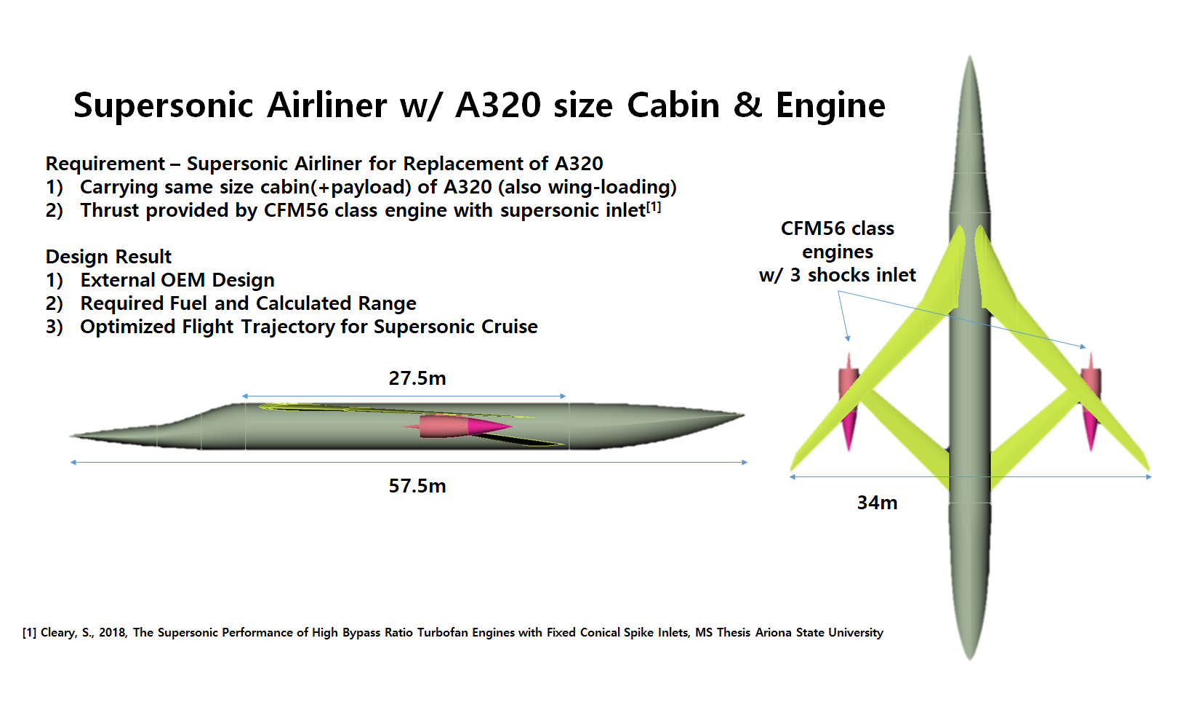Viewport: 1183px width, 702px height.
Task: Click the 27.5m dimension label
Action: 417,378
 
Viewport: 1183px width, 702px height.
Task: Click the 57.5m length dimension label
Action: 417,486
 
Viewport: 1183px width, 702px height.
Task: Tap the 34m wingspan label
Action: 877,503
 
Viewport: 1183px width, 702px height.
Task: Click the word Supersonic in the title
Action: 163,105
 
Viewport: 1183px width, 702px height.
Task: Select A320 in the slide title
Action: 498,105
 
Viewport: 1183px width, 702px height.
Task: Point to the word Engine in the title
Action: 830,105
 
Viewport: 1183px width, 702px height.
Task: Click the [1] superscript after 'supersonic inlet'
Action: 654,207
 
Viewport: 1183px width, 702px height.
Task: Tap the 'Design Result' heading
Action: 108,257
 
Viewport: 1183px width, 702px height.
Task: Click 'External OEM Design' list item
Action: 177,280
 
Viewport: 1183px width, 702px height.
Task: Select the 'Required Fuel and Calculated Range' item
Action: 248,303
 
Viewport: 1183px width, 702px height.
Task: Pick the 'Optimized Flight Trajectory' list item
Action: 308,327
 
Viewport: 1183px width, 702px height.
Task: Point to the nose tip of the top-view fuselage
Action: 970,58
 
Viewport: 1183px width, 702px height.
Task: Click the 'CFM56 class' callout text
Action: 837,228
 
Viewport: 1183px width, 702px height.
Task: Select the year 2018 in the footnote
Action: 113,633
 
